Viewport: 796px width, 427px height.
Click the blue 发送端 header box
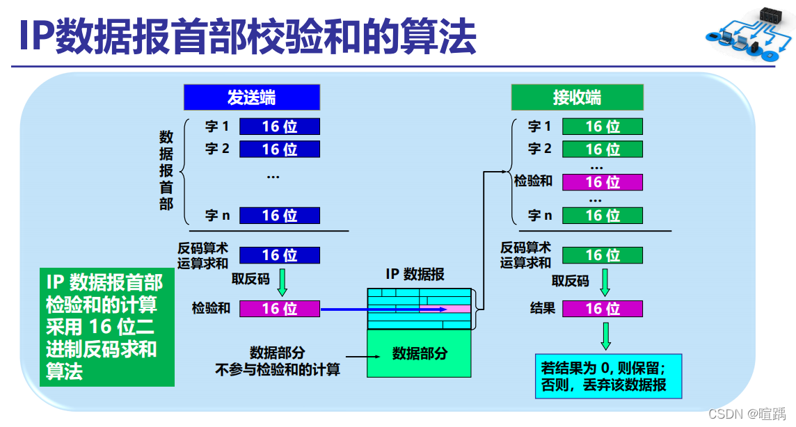(252, 97)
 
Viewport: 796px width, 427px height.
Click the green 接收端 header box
(577, 97)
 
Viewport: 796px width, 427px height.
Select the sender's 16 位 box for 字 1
(280, 127)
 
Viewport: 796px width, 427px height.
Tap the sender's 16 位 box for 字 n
(280, 216)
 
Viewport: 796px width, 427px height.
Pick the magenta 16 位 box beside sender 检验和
(280, 308)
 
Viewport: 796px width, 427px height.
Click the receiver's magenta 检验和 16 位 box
(603, 182)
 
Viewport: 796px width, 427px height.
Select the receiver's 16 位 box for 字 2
(603, 149)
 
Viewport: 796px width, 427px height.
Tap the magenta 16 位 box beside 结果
(603, 309)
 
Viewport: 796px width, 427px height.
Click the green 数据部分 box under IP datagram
(420, 353)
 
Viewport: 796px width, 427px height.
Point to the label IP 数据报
(415, 274)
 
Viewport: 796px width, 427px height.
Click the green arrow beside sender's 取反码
(282, 282)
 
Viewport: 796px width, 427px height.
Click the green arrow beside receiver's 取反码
(605, 282)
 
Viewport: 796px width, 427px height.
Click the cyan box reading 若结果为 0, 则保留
(608, 376)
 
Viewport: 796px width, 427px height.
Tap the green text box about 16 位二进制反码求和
(106, 327)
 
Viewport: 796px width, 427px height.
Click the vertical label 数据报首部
(166, 170)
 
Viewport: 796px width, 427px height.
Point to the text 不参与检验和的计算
(278, 369)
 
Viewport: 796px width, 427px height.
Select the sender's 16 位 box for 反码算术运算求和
(280, 255)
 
